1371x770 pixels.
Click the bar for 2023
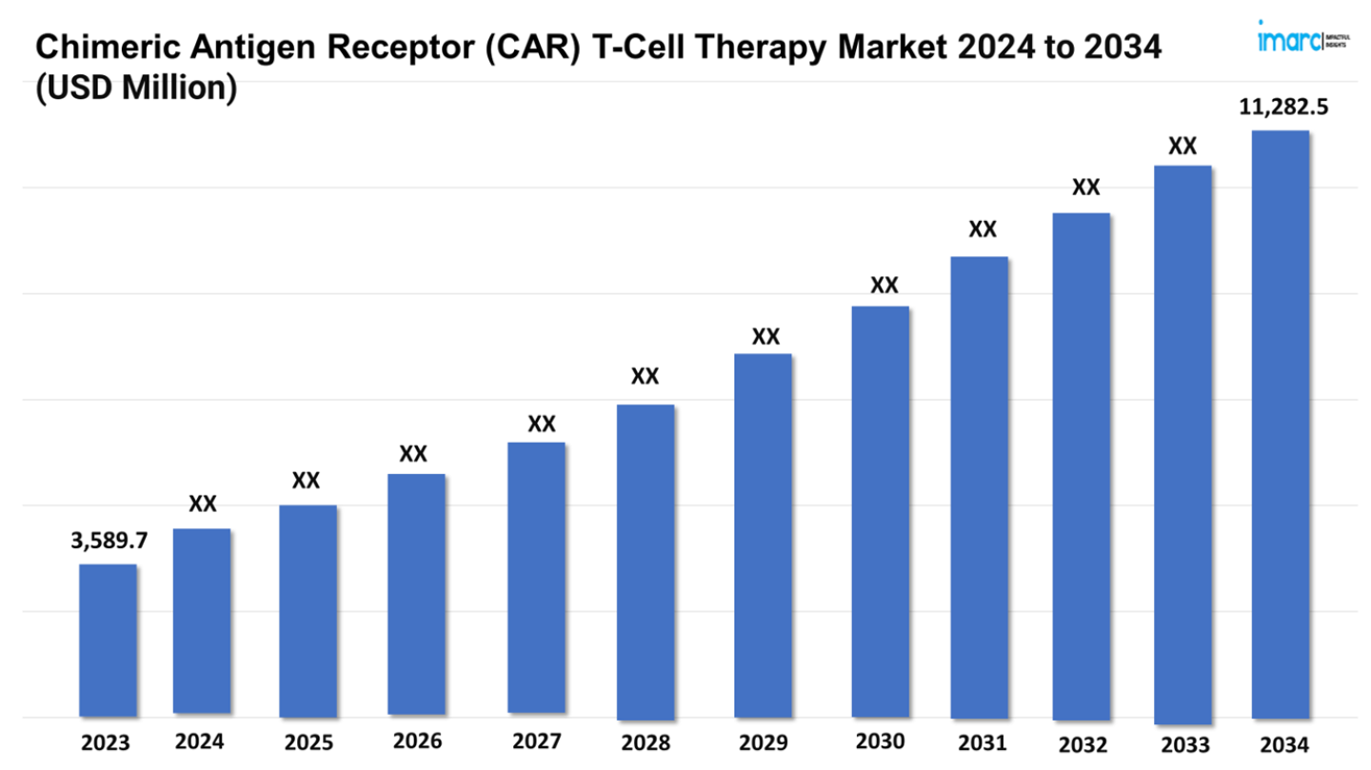pyautogui.click(x=108, y=640)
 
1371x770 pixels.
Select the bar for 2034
pyautogui.click(x=1281, y=424)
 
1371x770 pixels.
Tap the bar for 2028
pyautogui.click(x=646, y=562)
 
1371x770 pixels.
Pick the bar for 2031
pyautogui.click(x=980, y=486)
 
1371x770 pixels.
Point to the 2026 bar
pyautogui.click(x=416, y=595)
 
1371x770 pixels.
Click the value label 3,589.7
pyautogui.click(x=109, y=541)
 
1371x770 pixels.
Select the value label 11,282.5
pyautogui.click(x=1282, y=108)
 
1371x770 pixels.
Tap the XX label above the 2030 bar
pyautogui.click(x=884, y=285)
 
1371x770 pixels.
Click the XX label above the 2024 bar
pyautogui.click(x=202, y=503)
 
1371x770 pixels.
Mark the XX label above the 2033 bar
pyautogui.click(x=1182, y=146)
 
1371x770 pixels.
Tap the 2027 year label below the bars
pyautogui.click(x=536, y=741)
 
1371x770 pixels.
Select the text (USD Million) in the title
pyautogui.click(x=135, y=88)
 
